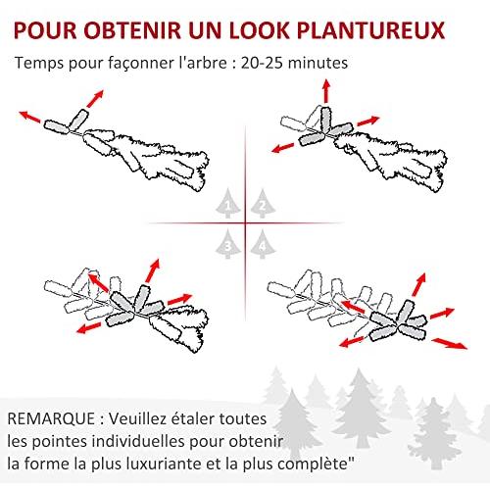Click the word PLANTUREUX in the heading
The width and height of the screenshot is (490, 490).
(x=371, y=30)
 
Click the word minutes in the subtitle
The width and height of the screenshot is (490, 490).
(x=318, y=63)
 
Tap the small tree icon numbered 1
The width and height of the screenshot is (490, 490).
(x=228, y=203)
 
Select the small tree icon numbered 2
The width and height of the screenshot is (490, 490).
(x=263, y=203)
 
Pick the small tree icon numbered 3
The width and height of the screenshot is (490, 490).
(x=228, y=244)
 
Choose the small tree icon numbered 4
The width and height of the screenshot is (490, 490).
(x=263, y=244)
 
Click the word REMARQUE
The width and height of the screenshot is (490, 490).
(x=51, y=419)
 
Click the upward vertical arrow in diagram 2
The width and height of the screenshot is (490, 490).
(x=325, y=91)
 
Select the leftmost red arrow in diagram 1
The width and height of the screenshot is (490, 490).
(x=29, y=117)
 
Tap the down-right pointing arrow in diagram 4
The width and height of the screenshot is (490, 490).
(x=449, y=343)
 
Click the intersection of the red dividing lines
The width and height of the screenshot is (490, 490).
(x=245, y=223)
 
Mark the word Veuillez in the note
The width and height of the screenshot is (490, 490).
(x=136, y=418)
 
